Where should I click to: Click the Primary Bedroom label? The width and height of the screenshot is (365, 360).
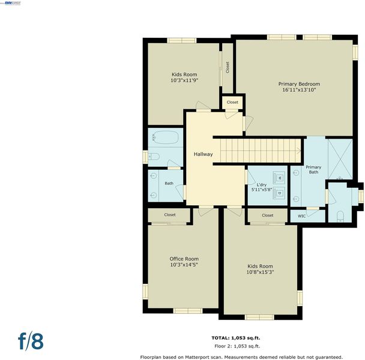299,84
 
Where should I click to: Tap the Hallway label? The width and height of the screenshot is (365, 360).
204,154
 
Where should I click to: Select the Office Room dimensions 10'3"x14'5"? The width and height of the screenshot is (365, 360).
184,265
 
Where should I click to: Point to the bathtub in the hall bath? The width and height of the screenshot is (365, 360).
166,137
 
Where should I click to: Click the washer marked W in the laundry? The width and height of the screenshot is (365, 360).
279,178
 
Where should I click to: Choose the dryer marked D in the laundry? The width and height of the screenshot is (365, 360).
279,193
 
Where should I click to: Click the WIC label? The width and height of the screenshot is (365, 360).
302,216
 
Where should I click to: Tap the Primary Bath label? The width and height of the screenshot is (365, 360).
313,170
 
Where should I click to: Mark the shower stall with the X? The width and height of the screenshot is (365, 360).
340,159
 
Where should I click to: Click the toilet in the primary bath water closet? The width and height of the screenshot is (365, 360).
340,216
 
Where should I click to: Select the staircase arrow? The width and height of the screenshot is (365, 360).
298,151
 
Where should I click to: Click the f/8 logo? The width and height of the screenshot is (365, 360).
31,341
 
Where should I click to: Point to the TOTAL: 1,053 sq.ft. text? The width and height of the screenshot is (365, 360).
236,338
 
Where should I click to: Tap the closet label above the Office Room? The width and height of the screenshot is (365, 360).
170,215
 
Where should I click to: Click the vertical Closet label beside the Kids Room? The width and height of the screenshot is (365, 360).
228,67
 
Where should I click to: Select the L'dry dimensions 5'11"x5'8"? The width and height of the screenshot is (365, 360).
262,190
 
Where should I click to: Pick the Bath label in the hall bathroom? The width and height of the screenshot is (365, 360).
169,184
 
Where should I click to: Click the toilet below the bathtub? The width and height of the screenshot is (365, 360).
154,157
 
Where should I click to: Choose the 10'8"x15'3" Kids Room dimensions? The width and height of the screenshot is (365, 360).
260,272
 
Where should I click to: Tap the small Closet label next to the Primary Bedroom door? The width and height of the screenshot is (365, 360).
232,102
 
